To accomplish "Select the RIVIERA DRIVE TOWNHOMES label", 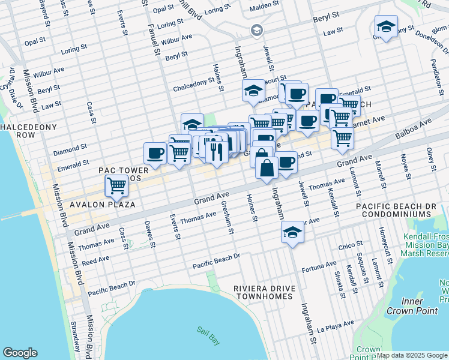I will click(265, 292).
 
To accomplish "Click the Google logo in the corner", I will click(20, 353).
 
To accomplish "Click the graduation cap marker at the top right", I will click(386, 27).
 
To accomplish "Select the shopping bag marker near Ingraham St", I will click(267, 168).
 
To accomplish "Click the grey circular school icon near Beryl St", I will click(256, 30).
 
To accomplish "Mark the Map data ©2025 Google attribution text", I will click(412, 355).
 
